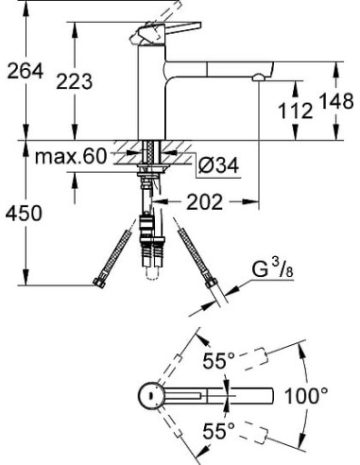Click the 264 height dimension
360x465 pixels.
tap(23, 71)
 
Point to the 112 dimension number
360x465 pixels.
tap(296, 112)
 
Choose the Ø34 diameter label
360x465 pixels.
tap(218, 167)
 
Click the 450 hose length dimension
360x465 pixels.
tap(24, 213)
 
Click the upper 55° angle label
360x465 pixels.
tap(218, 360)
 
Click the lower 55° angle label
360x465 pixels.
tap(218, 431)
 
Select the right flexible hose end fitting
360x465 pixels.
tap(210, 281)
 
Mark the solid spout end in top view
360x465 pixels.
tap(266, 395)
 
